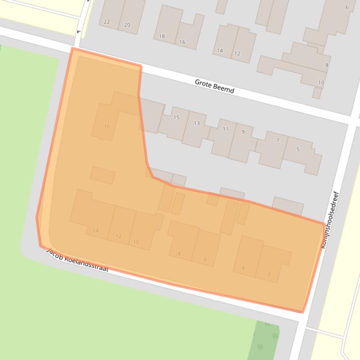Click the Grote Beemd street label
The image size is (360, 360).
click(214, 86)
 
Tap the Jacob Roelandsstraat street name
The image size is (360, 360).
click(78, 261)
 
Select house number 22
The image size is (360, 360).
click(107, 22)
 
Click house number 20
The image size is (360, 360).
click(127, 25)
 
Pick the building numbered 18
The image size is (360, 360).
click(162, 36)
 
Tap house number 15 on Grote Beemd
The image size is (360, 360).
click(176, 117)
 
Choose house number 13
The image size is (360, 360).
click(197, 123)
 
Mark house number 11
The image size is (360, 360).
click(226, 129)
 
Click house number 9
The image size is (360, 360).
click(242, 132)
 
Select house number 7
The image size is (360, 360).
click(278, 140)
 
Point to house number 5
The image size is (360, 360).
click(298, 149)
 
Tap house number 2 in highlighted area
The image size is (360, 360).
click(269, 274)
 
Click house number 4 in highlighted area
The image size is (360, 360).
click(243, 268)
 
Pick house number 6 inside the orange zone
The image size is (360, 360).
click(205, 259)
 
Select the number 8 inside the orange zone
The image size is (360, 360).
click(179, 254)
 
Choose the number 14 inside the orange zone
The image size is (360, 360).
click(96, 230)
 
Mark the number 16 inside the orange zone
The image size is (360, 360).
click(107, 126)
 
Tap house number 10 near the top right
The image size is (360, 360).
click(321, 83)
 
